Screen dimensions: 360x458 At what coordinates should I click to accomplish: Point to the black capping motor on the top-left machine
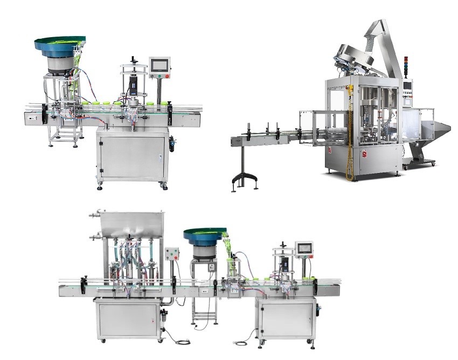tap(132, 86)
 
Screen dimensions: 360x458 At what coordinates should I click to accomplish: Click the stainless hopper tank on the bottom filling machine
tap(127, 224)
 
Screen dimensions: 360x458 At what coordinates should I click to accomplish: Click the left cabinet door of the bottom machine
tap(126, 321)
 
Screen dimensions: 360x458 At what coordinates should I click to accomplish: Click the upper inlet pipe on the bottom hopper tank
tap(93, 216)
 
